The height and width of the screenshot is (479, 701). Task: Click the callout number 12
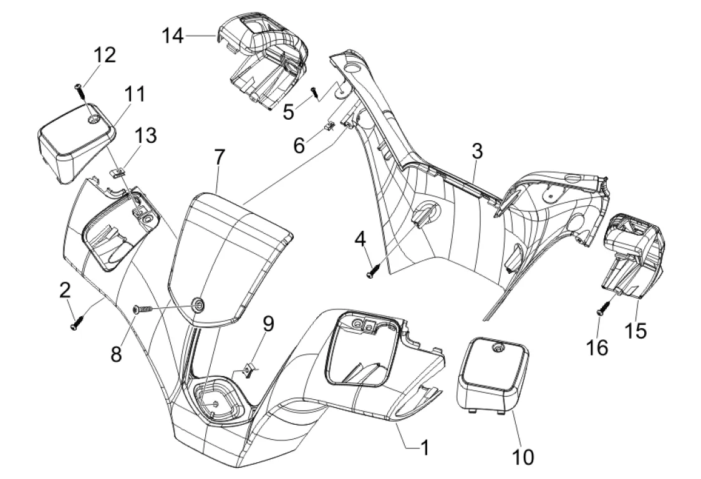(x=105, y=56)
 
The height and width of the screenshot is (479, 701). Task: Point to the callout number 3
(x=477, y=151)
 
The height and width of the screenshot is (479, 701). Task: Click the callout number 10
(x=523, y=458)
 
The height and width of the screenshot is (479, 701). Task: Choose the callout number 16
(x=597, y=347)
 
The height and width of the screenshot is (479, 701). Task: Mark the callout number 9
(x=268, y=323)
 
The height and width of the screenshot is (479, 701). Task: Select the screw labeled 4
(x=372, y=272)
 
